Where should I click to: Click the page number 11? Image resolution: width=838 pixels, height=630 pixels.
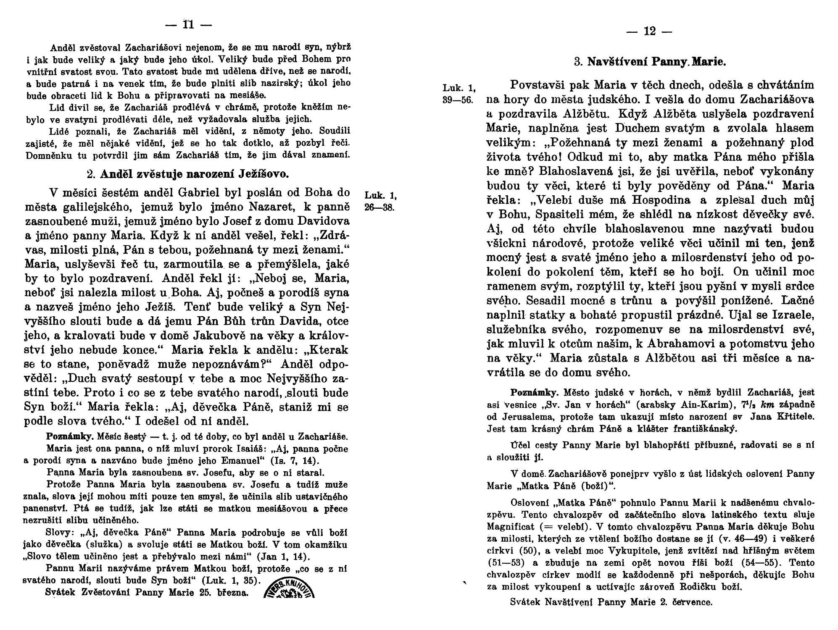[188, 25]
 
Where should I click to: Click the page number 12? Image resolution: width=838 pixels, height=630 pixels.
[649, 31]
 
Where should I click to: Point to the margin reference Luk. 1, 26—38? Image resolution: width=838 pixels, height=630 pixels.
[381, 202]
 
